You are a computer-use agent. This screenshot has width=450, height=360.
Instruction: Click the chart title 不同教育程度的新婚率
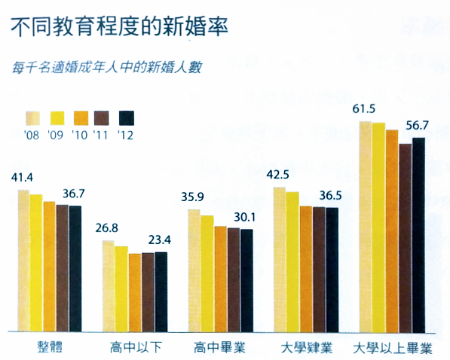pyautogui.click(x=121, y=26)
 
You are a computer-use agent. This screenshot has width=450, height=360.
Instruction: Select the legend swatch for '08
pyautogui.click(x=32, y=117)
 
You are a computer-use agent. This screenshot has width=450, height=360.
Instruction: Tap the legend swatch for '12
pyautogui.click(x=126, y=117)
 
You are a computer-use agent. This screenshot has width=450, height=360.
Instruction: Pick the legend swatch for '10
pyautogui.click(x=79, y=117)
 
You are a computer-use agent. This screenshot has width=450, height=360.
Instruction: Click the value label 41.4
pyautogui.click(x=23, y=178)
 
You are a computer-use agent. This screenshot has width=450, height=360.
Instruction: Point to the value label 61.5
pyautogui.click(x=364, y=109)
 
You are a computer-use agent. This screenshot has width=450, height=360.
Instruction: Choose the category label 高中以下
pyautogui.click(x=133, y=348)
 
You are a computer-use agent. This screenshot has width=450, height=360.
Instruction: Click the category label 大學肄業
pyautogui.click(x=305, y=348)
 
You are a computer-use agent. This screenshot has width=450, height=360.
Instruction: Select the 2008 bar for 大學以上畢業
pyautogui.click(x=366, y=226)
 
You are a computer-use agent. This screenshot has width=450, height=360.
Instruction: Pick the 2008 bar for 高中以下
pyautogui.click(x=108, y=286)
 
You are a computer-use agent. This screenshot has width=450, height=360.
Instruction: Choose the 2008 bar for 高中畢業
pyautogui.click(x=194, y=271)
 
